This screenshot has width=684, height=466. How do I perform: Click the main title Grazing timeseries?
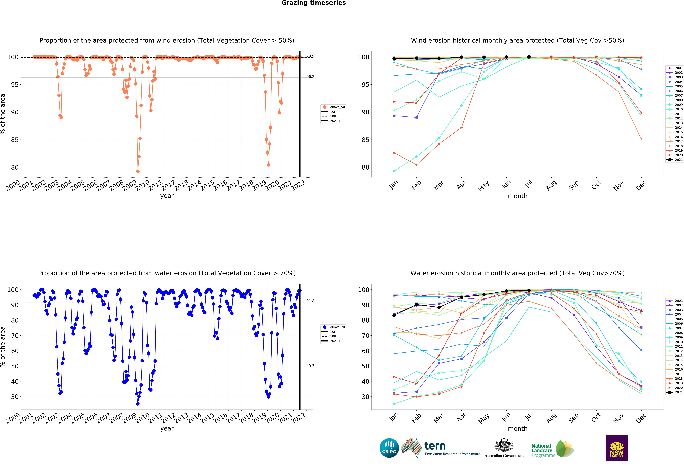[x=313, y=3]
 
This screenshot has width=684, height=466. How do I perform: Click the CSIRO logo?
[x=389, y=448]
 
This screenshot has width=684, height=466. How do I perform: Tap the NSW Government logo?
[x=617, y=448]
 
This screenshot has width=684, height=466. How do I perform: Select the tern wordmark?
[x=435, y=446]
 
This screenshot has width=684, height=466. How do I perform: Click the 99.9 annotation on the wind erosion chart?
[x=310, y=56]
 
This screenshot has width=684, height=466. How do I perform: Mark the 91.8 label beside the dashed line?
[x=310, y=301]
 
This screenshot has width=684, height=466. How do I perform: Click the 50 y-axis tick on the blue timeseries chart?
[x=15, y=366]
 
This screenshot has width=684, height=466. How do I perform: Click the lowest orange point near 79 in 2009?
[x=138, y=171]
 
